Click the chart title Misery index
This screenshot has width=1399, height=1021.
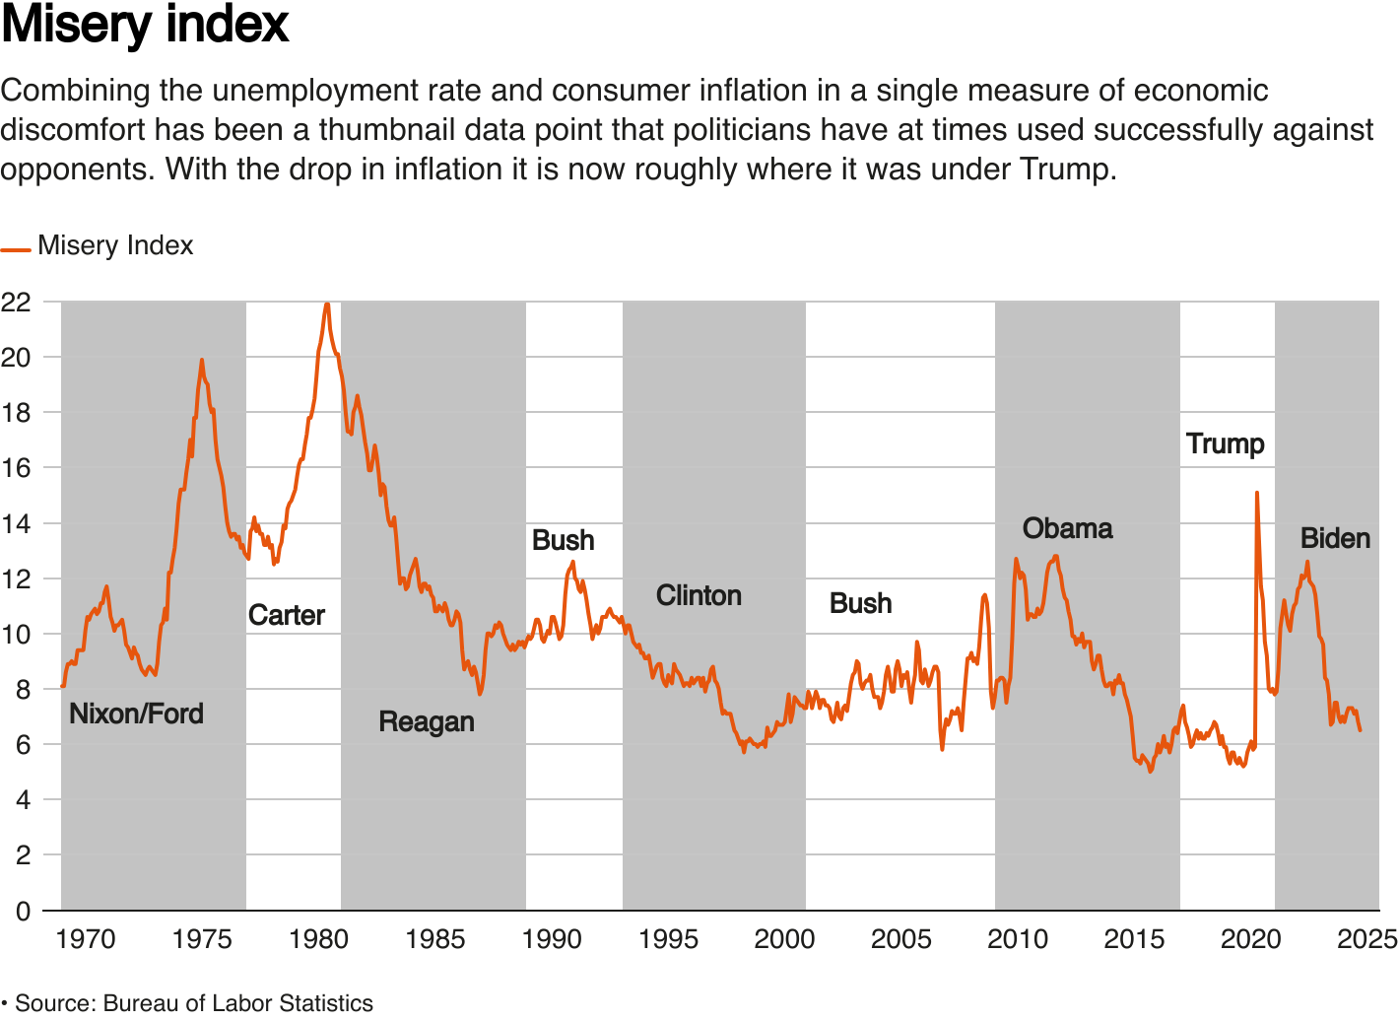[145, 25]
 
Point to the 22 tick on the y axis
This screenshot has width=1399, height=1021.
[16, 302]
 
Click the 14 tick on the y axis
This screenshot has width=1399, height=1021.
[16, 523]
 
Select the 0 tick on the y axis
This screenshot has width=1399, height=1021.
[23, 911]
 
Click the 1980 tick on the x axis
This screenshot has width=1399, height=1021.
[318, 939]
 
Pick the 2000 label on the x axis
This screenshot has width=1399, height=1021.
[784, 939]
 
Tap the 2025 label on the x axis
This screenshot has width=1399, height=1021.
[1366, 939]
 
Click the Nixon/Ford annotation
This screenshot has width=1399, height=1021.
[136, 714]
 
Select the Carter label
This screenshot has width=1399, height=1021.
[286, 615]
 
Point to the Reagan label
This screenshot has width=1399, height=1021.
[427, 721]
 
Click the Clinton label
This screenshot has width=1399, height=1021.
[699, 595]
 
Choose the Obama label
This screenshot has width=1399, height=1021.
[1067, 528]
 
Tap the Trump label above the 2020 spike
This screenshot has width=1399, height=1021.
[1225, 443]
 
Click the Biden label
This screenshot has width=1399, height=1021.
[1335, 538]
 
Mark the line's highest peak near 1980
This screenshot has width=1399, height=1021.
[327, 304]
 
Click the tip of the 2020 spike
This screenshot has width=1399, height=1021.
[1256, 493]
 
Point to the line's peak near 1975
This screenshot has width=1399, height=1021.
[202, 360]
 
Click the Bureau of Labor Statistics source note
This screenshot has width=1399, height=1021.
[193, 1003]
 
